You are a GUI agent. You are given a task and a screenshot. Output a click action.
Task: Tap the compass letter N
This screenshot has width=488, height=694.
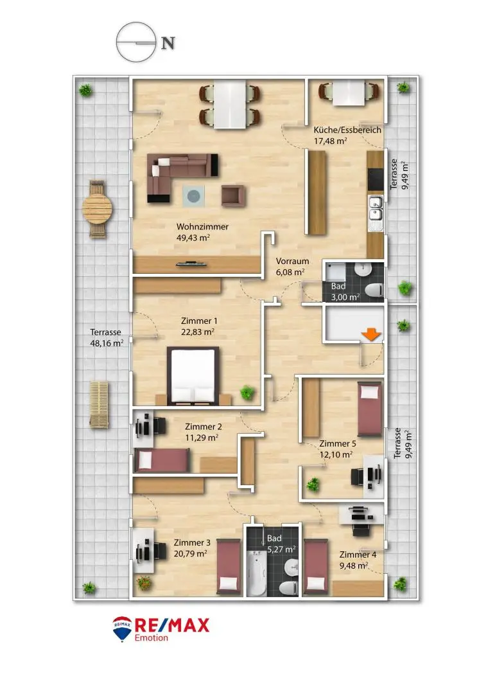[168, 44]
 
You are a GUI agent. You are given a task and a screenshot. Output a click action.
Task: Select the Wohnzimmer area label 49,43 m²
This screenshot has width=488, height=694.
[193, 237]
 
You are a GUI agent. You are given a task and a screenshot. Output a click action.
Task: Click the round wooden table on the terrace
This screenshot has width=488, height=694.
[98, 209]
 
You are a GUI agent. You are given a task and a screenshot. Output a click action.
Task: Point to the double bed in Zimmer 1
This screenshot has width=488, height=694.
[193, 376]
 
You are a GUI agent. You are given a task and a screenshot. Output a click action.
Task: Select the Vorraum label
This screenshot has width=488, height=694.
[293, 262]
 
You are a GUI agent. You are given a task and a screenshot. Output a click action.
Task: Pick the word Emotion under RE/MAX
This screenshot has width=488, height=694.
[152, 638]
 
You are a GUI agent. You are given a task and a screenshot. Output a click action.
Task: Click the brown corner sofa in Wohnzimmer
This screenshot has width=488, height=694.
[180, 173]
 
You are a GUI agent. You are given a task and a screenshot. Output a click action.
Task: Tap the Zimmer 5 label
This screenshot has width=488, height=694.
[337, 443]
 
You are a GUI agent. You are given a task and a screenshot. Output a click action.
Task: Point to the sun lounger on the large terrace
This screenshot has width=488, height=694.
[99, 404]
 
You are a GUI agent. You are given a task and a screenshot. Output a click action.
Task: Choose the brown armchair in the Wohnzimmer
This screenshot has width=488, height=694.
[234, 195]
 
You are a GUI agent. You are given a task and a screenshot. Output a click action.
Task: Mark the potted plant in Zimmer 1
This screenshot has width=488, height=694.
[247, 391]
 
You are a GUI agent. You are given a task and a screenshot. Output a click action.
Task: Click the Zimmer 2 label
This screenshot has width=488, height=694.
[203, 427]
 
